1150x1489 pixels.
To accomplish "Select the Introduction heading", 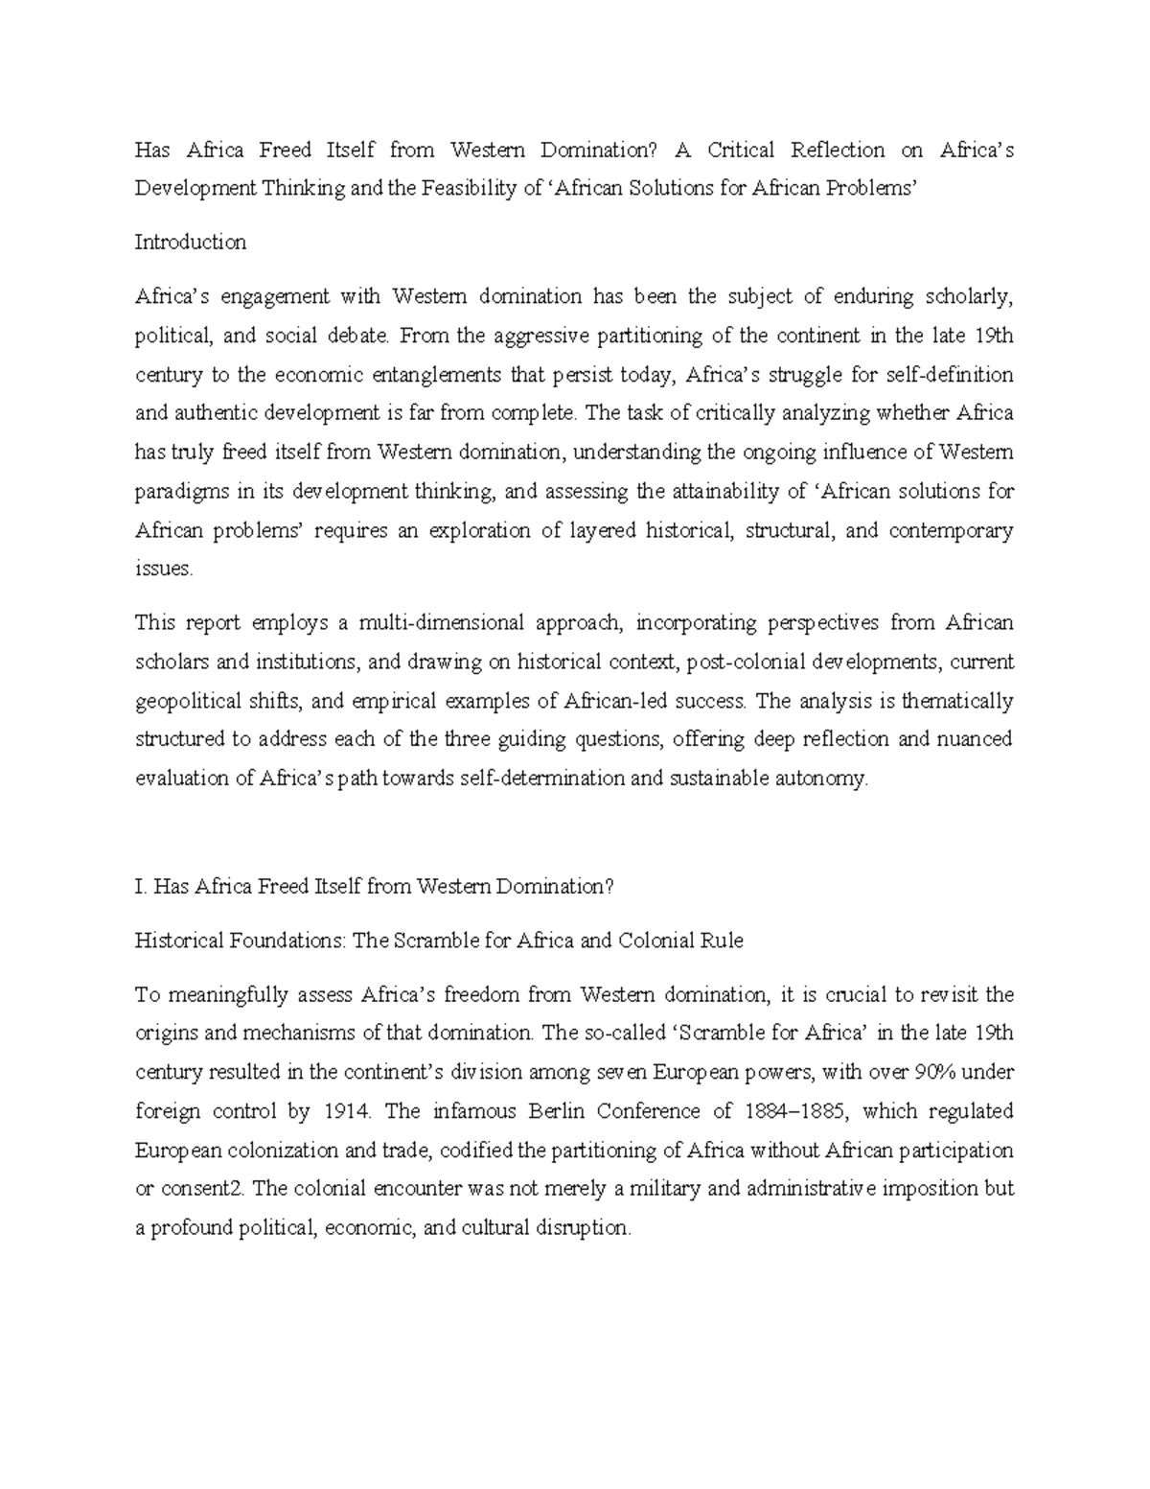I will (190, 243).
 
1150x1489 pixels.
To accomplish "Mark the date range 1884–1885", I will (796, 1111).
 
